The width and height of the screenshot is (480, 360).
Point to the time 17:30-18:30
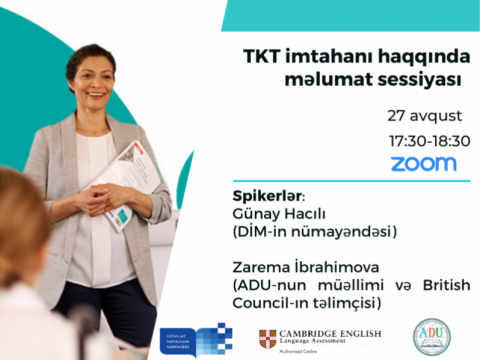[429, 140]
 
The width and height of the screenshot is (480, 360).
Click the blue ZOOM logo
[423, 163]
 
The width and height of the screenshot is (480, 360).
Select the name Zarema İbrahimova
[300, 267]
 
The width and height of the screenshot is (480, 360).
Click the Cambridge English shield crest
[267, 337]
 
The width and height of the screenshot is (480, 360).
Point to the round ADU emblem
[432, 335]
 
